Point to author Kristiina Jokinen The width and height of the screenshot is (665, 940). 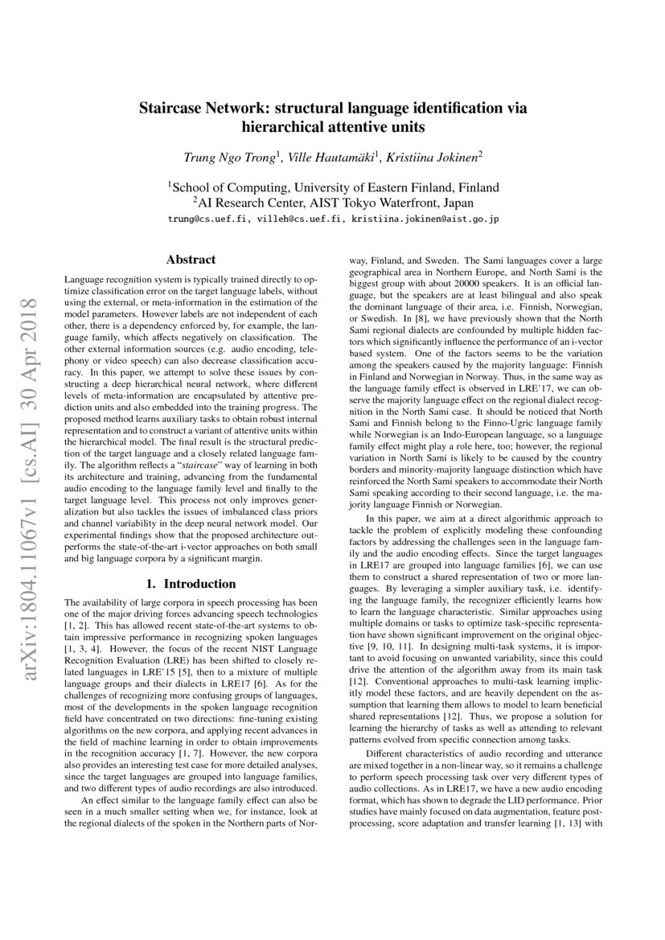[x=433, y=157]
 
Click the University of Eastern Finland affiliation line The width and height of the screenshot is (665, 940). [x=333, y=187]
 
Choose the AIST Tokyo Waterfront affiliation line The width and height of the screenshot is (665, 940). [x=333, y=203]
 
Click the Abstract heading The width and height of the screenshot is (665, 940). [x=191, y=260]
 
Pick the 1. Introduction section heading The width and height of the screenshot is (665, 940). [x=191, y=584]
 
